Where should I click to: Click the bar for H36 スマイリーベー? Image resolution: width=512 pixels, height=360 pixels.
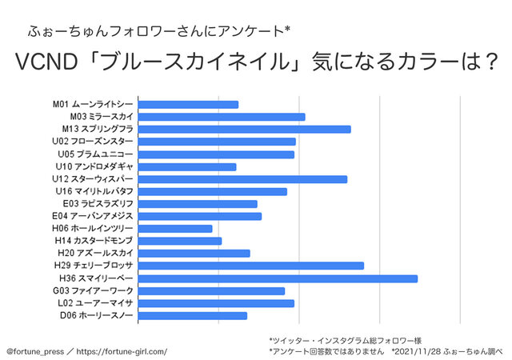[x=278, y=278]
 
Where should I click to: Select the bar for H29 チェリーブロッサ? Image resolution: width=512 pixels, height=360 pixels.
[x=251, y=266]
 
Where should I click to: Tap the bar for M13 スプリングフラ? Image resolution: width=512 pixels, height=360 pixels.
[x=244, y=129]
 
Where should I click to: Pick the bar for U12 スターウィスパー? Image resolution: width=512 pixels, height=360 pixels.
[x=242, y=178]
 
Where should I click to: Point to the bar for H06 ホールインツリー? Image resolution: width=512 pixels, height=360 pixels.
[x=175, y=229]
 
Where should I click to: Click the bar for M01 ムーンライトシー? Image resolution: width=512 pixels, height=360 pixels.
[x=188, y=104]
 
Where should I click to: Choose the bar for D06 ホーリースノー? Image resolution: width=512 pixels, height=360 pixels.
[x=192, y=315]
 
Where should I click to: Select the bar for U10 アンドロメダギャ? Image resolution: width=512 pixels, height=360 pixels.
[x=187, y=166]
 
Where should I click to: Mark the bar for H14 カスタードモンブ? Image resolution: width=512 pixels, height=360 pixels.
[x=179, y=241]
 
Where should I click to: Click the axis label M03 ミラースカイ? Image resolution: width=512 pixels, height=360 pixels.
[x=102, y=117]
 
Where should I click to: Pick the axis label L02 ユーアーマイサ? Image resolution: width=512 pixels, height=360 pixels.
[x=95, y=303]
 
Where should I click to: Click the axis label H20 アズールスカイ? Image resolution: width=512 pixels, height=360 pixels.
[x=95, y=254]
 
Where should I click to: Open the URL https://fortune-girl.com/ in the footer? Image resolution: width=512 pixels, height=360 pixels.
[x=122, y=351]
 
